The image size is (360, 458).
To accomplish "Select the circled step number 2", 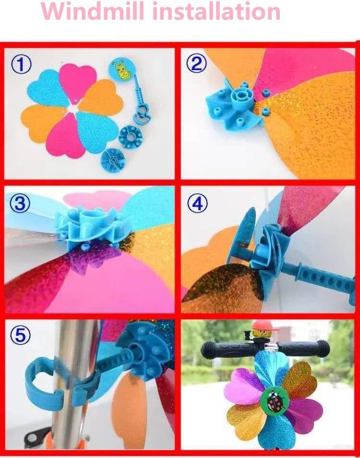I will (196, 63).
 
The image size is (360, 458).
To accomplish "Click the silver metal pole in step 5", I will (72, 384).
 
